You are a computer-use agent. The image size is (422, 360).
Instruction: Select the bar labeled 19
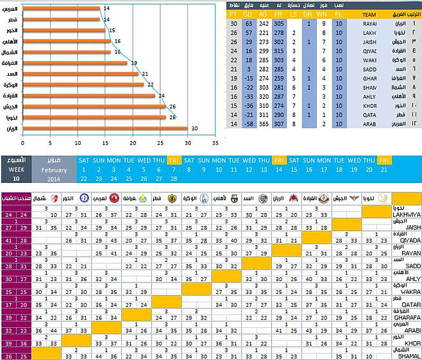(x=76, y=62)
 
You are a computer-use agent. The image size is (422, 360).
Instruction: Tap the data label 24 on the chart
(x=160, y=96)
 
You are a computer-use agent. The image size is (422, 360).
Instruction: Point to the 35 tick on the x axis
(x=215, y=142)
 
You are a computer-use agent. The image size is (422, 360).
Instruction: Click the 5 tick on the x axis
(x=51, y=142)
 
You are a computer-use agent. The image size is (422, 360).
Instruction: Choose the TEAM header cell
(x=369, y=13)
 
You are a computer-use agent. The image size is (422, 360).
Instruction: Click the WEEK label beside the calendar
(x=15, y=169)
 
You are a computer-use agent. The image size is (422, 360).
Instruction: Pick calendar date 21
(x=384, y=170)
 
